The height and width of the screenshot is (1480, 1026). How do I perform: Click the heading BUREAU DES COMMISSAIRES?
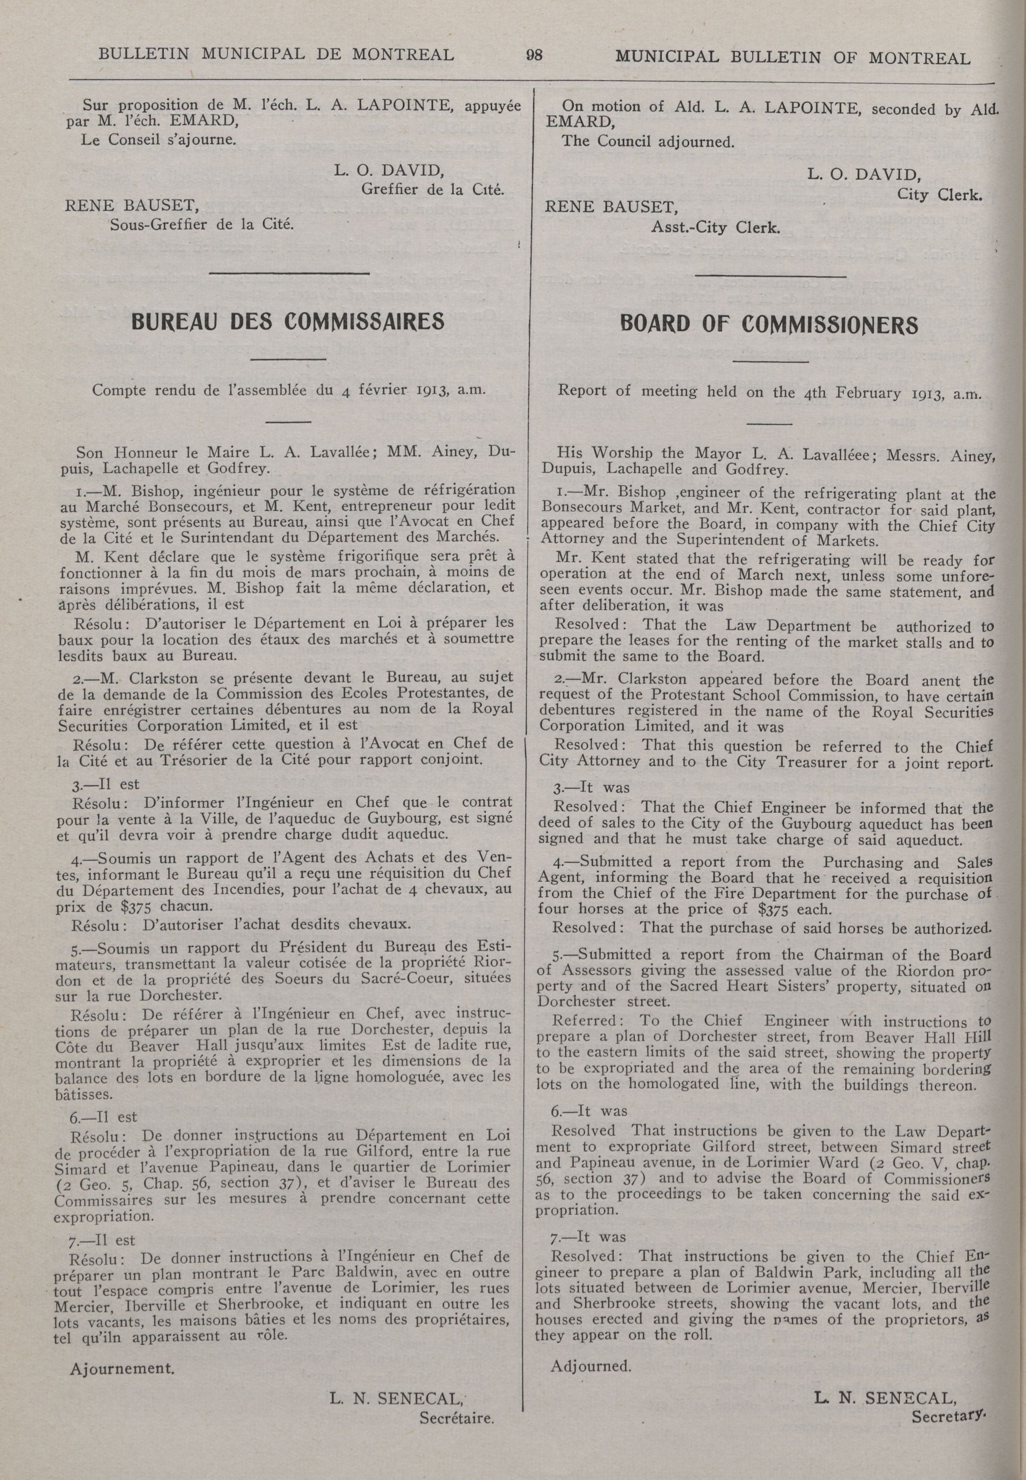point(288,321)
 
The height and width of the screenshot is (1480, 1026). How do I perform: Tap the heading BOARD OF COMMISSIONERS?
point(769,325)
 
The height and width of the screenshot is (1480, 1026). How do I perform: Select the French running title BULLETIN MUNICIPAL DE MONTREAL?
point(276,55)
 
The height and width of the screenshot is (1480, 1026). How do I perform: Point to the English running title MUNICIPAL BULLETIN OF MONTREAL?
point(793,58)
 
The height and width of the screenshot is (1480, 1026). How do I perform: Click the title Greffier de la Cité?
point(432,190)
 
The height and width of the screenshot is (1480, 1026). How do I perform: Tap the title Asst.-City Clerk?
point(716,227)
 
